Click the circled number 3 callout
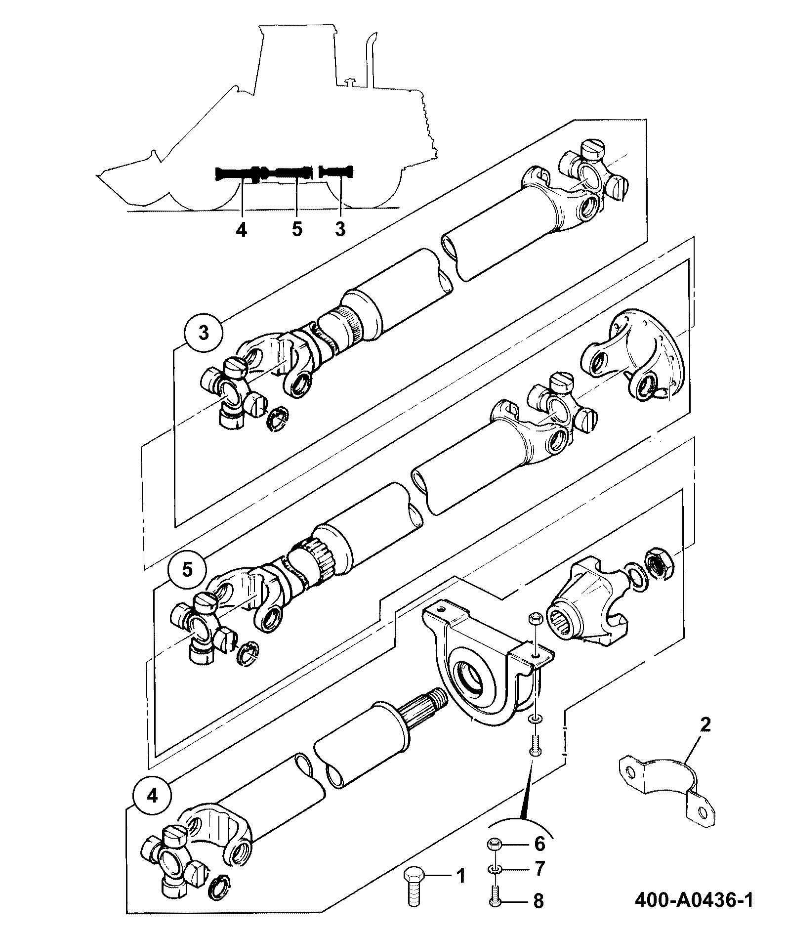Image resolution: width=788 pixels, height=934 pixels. [204, 333]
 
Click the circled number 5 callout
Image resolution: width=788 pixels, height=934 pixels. [188, 569]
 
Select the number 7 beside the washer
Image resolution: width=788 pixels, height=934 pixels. [539, 868]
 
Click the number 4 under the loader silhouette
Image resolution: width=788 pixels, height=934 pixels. [241, 229]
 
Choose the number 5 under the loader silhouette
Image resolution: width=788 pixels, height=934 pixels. [296, 229]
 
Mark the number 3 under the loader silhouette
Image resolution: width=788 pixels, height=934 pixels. [340, 229]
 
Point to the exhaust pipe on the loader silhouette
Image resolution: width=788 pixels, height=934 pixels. [369, 59]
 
